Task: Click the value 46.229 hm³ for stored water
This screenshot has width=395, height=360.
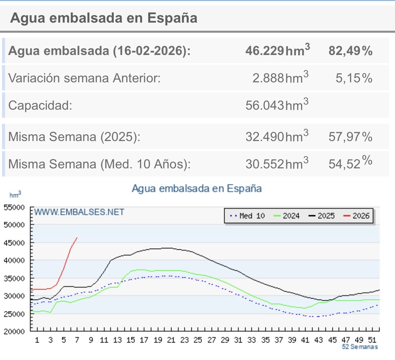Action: (277, 51)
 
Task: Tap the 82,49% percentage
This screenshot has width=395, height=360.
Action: (350, 51)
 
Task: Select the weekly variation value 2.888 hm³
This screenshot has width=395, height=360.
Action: (280, 78)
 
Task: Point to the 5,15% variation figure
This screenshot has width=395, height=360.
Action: (354, 78)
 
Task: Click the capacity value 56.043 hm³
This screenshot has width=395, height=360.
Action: (277, 105)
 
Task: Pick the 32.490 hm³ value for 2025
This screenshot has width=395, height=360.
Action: (277, 137)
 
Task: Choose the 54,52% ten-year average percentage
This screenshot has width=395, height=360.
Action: (350, 164)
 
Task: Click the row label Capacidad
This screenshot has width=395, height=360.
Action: (40, 105)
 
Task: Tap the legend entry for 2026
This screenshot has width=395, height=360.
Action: (357, 216)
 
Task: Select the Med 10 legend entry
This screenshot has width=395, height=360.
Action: (247, 216)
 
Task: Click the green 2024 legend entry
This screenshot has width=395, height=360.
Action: (287, 216)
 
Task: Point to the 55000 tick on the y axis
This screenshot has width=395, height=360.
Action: (14, 207)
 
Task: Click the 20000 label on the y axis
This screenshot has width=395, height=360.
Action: (14, 331)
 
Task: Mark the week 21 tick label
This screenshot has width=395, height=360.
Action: (171, 340)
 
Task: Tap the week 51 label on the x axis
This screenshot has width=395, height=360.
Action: (372, 340)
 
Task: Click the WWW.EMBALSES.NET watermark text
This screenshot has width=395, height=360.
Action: (79, 212)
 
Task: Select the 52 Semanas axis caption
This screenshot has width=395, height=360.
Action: (360, 347)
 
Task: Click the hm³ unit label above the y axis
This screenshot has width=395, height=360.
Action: (15, 195)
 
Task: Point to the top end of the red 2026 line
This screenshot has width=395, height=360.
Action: (77, 238)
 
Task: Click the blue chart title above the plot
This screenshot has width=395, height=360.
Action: (196, 188)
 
